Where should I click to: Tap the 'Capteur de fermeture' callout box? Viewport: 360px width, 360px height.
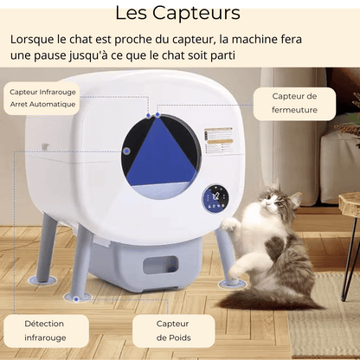[294, 102]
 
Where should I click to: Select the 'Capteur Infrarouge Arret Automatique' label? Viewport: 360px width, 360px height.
[43, 97]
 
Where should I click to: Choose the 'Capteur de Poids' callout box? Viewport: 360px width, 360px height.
[173, 331]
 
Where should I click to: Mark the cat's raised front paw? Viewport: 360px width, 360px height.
[230, 225]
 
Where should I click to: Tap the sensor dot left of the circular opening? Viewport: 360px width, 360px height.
[126, 151]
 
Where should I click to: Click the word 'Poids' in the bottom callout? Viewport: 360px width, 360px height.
[173, 338]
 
